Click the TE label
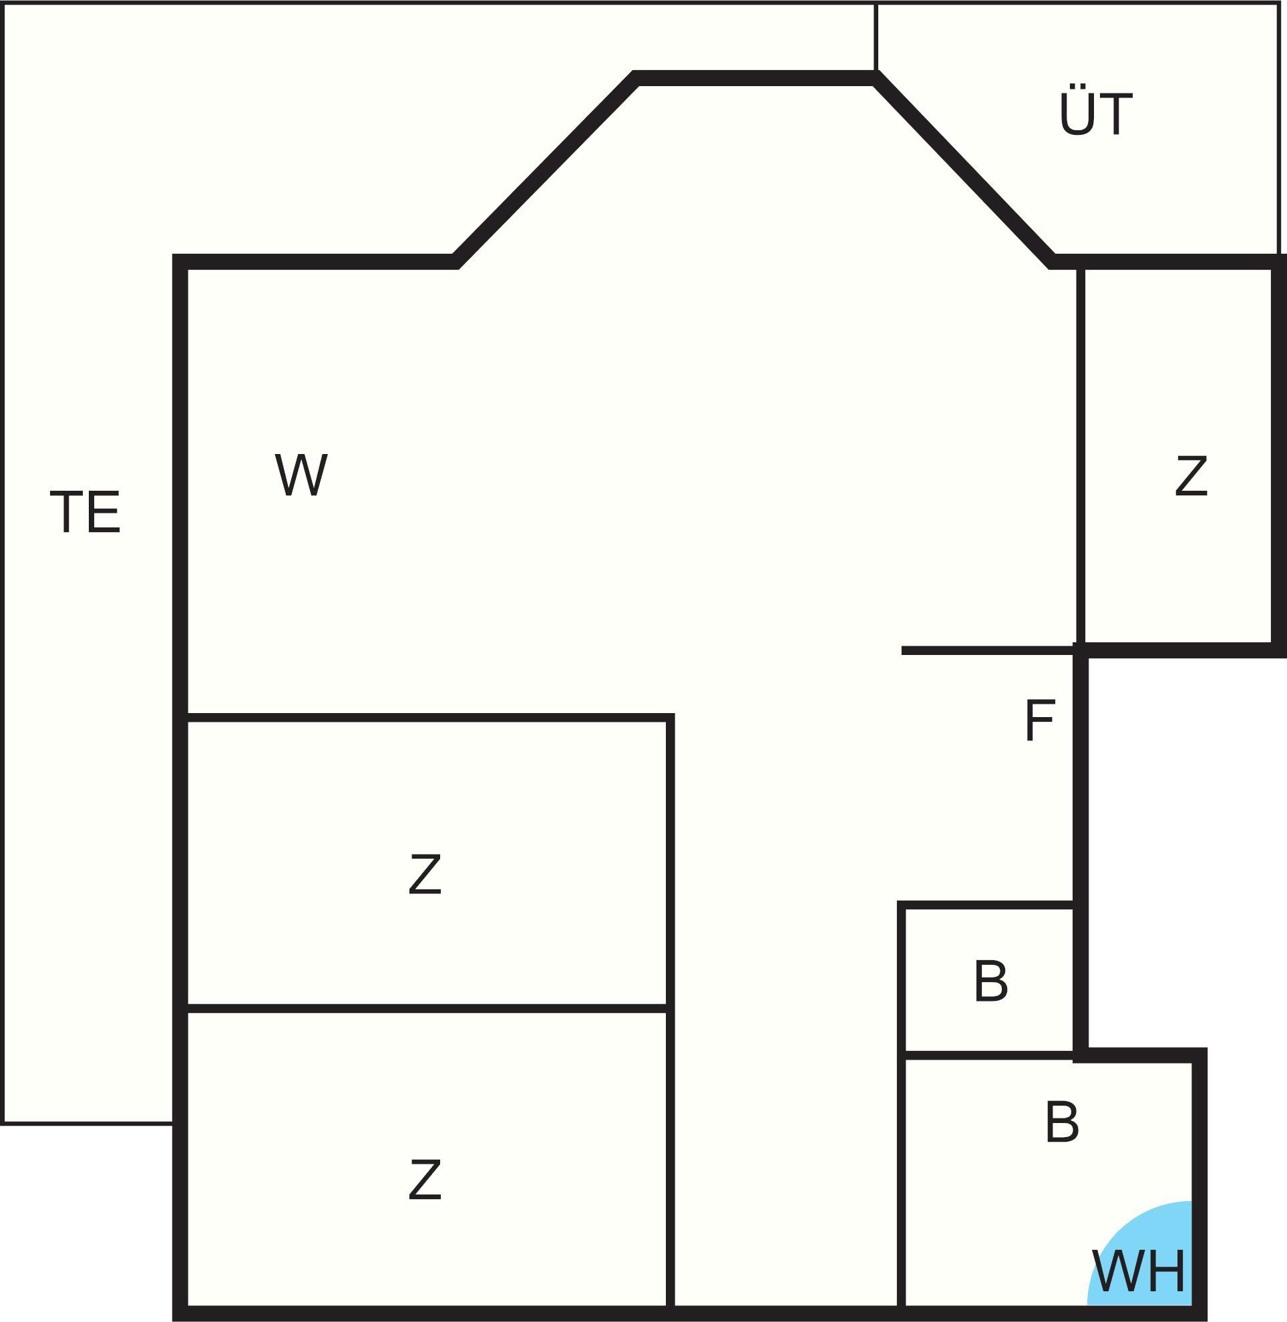[85, 511]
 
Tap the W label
[301, 475]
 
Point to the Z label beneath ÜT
[1191, 476]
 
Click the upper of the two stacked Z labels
[425, 874]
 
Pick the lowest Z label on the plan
[425, 1179]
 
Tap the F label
[1040, 721]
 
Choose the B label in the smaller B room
[991, 981]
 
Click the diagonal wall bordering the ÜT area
[964, 170]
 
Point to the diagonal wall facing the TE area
[545, 170]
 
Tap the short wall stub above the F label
[988, 651]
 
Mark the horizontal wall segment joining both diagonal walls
[755, 78]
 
